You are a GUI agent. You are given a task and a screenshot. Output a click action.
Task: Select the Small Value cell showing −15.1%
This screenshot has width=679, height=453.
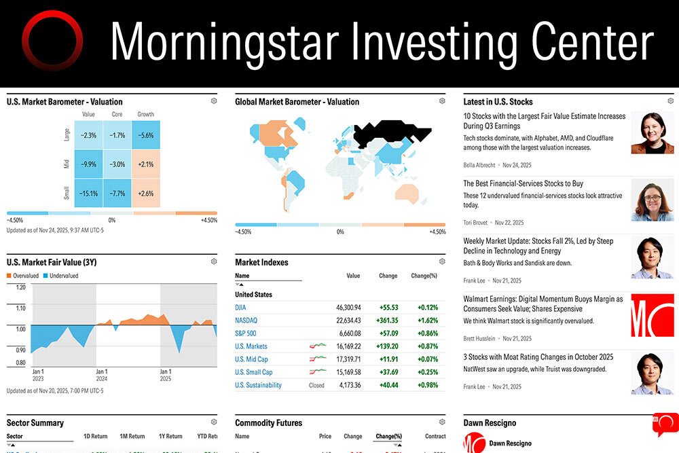[88, 193]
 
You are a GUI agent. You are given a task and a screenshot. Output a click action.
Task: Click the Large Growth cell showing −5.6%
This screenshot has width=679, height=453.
[145, 135]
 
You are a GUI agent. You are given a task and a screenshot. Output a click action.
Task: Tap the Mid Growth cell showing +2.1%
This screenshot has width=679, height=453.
[145, 164]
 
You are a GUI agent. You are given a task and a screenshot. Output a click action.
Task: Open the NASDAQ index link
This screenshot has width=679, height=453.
[246, 321]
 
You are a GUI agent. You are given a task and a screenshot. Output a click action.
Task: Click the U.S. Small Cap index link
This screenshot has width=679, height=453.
[253, 372]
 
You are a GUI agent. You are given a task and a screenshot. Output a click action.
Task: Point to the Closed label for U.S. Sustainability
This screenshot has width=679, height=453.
[316, 385]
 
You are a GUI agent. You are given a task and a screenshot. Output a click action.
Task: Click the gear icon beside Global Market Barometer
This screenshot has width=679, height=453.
[442, 101]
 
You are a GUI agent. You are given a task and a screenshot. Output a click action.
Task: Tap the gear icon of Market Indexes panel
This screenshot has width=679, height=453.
[442, 261]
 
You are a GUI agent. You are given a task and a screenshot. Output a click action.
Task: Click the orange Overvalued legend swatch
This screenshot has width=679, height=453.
[10, 276]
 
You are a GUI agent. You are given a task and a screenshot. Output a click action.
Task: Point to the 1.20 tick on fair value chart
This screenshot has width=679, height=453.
[20, 287]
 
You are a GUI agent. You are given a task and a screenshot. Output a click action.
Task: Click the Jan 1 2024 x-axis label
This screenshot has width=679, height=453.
[101, 376]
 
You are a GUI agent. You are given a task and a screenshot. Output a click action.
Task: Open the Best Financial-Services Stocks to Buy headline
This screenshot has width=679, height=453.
[523, 183]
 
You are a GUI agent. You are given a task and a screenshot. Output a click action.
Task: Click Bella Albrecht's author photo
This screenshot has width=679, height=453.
[652, 133]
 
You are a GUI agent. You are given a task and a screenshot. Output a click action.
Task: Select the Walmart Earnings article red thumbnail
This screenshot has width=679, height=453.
[652, 315]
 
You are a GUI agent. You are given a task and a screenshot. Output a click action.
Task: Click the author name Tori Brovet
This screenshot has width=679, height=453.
[477, 222]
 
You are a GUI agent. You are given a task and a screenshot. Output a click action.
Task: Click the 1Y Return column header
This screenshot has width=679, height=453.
[170, 436]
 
